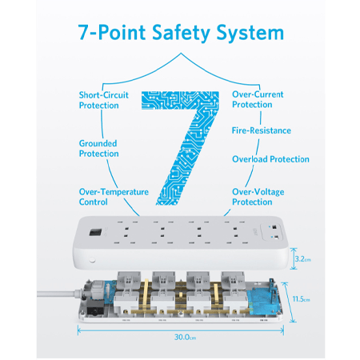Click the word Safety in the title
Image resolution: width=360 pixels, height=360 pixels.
(x=181, y=33)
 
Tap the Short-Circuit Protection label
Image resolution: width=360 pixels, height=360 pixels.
(x=103, y=100)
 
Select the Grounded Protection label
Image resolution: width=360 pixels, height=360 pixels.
(x=98, y=148)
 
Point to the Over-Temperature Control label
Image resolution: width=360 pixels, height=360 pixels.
(x=114, y=197)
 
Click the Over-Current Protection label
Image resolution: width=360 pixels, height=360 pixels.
(x=258, y=99)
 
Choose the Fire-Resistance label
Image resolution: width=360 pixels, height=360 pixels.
(x=262, y=130)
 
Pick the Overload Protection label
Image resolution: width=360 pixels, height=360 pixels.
(x=270, y=159)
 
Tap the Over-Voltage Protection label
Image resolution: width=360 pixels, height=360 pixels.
(x=258, y=197)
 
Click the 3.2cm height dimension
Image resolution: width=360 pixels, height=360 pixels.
(x=302, y=259)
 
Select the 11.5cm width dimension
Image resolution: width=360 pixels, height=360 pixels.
(x=301, y=299)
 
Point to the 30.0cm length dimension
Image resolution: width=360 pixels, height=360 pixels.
(x=185, y=338)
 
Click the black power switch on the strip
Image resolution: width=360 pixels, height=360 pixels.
(x=95, y=232)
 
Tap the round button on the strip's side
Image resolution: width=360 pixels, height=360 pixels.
(x=92, y=259)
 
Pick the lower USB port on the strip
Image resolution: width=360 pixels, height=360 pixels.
(x=276, y=237)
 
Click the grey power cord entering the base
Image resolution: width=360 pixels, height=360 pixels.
(x=58, y=294)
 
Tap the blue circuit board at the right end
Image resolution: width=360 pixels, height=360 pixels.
(x=262, y=302)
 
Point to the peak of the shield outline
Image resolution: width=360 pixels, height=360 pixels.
(x=182, y=53)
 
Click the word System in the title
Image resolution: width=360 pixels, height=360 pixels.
(x=250, y=33)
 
